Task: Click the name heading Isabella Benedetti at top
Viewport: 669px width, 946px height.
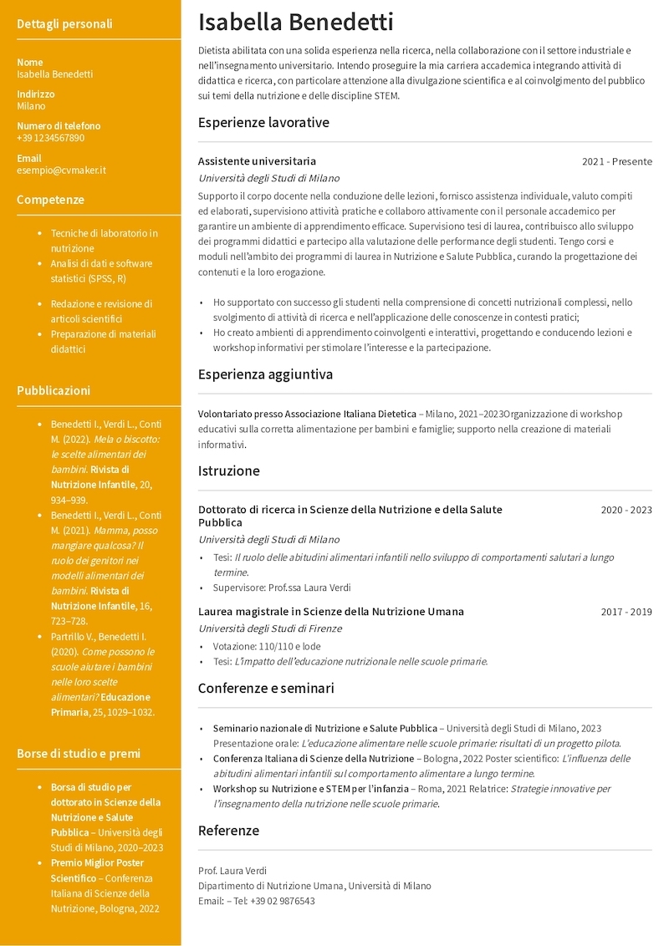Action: click(x=295, y=23)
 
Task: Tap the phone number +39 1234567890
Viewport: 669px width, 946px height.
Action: click(x=50, y=138)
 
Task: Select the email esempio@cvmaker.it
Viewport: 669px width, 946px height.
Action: click(x=61, y=170)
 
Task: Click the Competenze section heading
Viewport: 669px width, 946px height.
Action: click(x=50, y=200)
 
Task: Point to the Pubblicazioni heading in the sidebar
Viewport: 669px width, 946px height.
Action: click(x=54, y=390)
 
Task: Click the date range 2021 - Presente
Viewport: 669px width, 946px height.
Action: click(x=616, y=161)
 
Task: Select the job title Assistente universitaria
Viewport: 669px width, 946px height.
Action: click(x=257, y=161)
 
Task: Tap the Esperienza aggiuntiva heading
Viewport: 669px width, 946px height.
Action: click(x=265, y=374)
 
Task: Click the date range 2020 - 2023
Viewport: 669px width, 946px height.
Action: click(x=626, y=510)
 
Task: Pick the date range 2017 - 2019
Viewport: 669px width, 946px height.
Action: click(x=626, y=612)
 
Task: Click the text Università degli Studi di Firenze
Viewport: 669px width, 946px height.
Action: click(x=269, y=628)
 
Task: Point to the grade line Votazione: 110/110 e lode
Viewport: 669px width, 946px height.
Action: click(x=267, y=646)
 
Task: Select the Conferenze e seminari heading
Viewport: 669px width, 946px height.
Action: click(x=266, y=689)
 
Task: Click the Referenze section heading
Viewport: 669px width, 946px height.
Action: click(x=228, y=831)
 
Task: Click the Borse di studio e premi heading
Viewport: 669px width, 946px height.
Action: click(x=79, y=754)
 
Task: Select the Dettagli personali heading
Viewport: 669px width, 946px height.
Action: click(x=64, y=24)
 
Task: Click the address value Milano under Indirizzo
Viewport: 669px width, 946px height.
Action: click(x=31, y=106)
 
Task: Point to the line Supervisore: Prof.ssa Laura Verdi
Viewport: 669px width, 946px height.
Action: click(x=282, y=587)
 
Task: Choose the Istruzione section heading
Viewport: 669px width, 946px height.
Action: click(x=228, y=470)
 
